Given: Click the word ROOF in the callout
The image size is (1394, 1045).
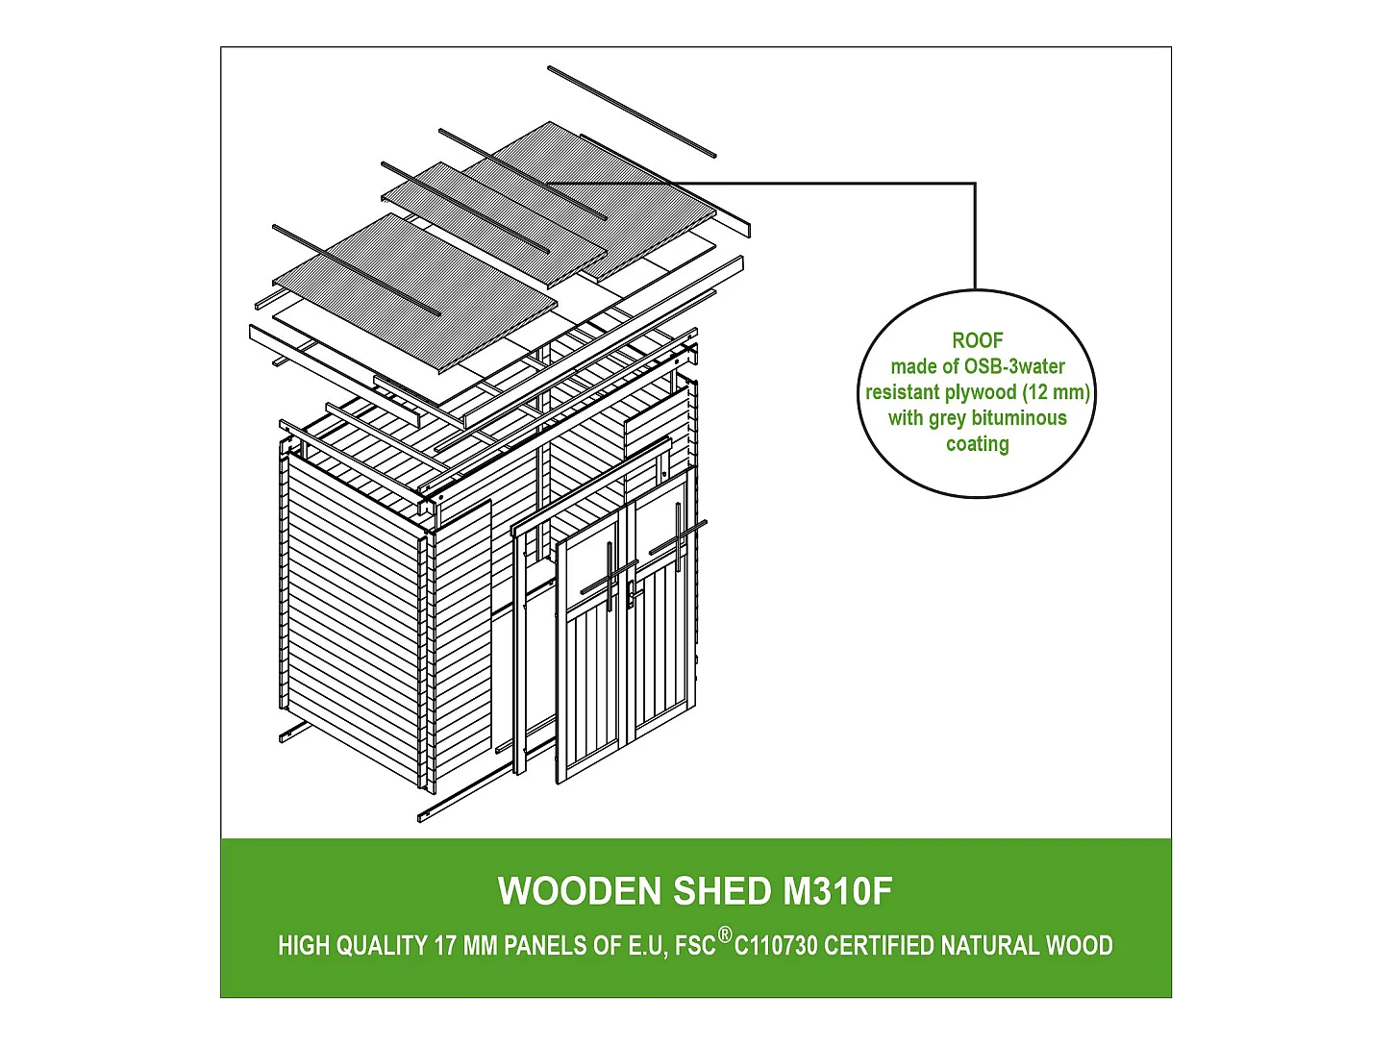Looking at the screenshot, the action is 977,340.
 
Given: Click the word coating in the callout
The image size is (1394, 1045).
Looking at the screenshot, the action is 977,444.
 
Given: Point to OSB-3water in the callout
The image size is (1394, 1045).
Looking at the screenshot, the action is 1014,366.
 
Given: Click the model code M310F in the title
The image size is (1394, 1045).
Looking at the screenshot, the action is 837,891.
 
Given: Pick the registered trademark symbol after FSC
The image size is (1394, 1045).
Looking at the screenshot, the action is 725,934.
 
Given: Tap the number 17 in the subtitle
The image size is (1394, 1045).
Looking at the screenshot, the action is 445,946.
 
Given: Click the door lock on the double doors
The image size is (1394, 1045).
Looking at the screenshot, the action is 630,595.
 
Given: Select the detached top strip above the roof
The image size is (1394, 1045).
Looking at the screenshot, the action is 632,112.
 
